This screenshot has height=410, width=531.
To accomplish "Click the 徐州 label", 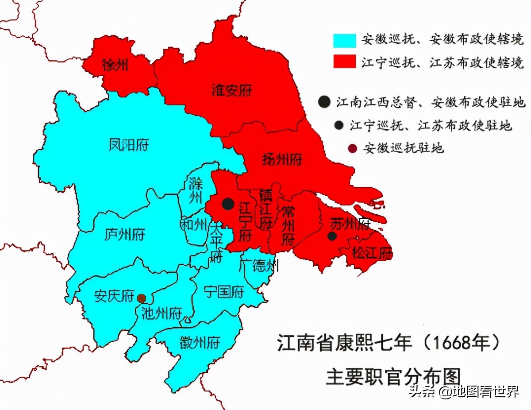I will click(115, 66).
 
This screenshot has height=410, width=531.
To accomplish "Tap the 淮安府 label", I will click(232, 91).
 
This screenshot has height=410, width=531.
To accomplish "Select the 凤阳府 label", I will click(129, 145).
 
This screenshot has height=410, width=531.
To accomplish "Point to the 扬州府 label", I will click(282, 159).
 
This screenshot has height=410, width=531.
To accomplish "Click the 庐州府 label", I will click(125, 234).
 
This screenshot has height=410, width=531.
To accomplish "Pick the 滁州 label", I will click(195, 190).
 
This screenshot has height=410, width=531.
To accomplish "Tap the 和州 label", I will click(193, 224).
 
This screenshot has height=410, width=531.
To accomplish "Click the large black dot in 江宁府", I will click(228, 204).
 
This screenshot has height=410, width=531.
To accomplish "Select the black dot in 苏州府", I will click(332, 236).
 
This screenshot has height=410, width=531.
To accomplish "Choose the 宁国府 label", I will click(224, 292).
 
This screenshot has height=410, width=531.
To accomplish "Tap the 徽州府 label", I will click(200, 342).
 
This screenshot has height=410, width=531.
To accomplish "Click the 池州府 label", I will click(162, 313).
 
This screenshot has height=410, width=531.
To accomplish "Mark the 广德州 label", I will click(259, 266).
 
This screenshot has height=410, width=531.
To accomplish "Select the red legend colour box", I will click(344, 62).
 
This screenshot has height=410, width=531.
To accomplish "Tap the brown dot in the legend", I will click(352, 148).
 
